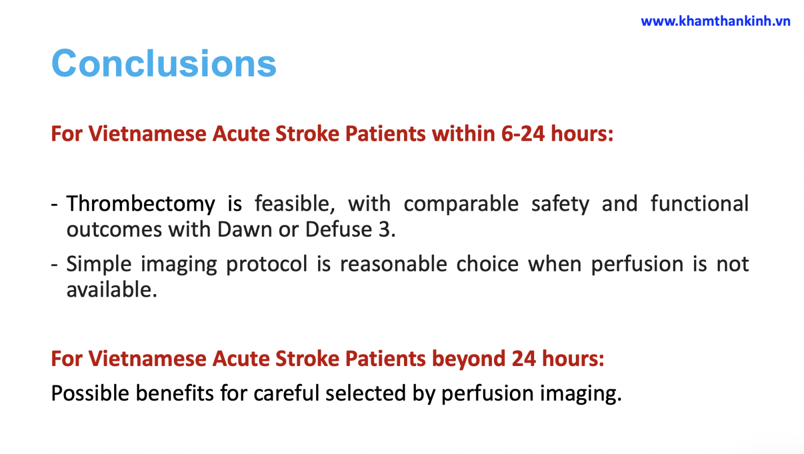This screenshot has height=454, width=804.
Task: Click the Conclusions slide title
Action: click(x=164, y=63)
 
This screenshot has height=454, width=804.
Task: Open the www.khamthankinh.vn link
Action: click(x=716, y=21)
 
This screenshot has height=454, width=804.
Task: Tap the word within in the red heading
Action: click(x=463, y=134)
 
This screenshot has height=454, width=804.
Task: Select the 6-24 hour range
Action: click(x=523, y=134)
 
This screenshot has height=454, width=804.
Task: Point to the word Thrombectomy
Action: click(x=141, y=204)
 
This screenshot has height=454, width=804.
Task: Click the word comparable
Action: click(x=461, y=204)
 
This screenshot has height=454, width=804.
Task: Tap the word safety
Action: click(x=560, y=204)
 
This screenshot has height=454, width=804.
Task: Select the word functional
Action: click(x=699, y=204)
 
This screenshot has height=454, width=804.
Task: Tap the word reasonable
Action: click(x=393, y=264)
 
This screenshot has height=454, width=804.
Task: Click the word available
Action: click(x=112, y=290)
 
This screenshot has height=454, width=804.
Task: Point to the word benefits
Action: click(x=174, y=393)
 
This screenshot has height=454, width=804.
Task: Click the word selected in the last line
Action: click(x=366, y=393)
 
